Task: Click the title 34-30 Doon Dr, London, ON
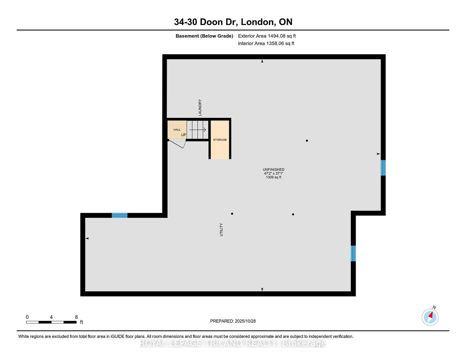point(233,22)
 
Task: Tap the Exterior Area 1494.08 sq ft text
point(267,36)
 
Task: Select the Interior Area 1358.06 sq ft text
point(266,43)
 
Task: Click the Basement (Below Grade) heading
point(204,36)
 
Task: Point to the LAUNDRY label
point(200,107)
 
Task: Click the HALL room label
point(177,130)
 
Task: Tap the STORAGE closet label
point(220,140)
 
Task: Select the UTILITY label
point(221,230)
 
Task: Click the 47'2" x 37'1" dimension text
point(273,173)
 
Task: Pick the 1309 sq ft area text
point(273,177)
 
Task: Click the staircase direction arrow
point(197,130)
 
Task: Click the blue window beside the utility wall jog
point(353,253)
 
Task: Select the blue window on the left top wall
point(120,215)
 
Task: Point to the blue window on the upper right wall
point(383,168)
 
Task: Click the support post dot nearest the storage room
point(232,214)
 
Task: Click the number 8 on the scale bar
point(76,317)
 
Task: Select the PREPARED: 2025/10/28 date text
point(233,321)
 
